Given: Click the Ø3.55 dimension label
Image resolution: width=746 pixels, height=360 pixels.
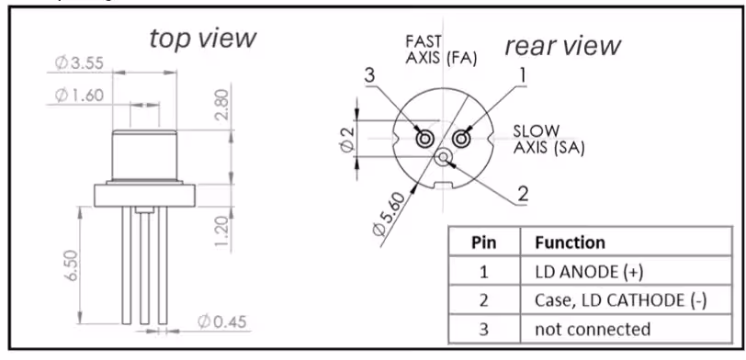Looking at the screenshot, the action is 79,62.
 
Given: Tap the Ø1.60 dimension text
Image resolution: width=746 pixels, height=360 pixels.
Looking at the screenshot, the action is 79,96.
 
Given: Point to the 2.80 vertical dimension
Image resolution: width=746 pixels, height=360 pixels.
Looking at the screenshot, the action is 221,104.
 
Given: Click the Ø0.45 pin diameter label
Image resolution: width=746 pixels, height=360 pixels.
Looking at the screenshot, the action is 222,322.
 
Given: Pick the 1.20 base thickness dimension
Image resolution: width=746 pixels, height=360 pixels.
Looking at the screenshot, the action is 221,231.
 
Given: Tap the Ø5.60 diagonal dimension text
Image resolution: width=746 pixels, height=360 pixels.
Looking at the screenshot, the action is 390,214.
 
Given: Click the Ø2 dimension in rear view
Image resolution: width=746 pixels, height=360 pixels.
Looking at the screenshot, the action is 348,141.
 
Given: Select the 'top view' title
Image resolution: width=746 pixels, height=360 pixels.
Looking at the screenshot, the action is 203,39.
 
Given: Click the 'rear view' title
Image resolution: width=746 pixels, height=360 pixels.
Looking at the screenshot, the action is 562,46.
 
